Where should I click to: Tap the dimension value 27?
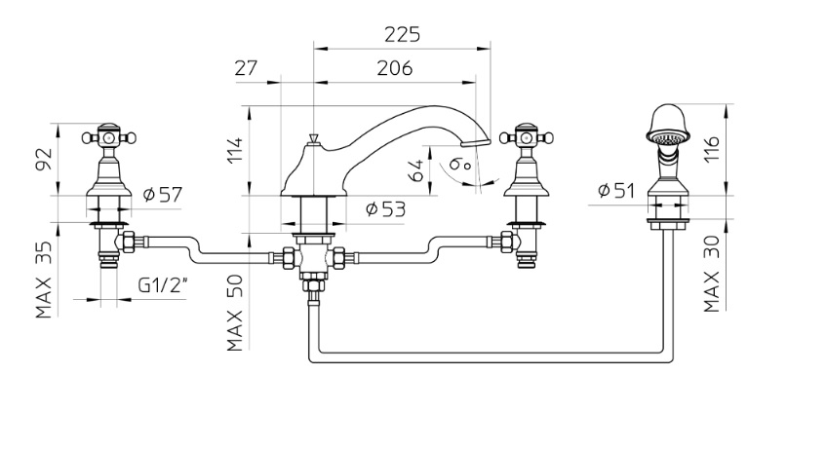pos(246,68)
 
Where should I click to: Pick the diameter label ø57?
pos(163,195)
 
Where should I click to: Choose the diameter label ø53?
pos(385,208)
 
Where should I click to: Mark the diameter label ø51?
pos(615,190)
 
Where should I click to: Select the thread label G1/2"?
pos(164,286)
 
